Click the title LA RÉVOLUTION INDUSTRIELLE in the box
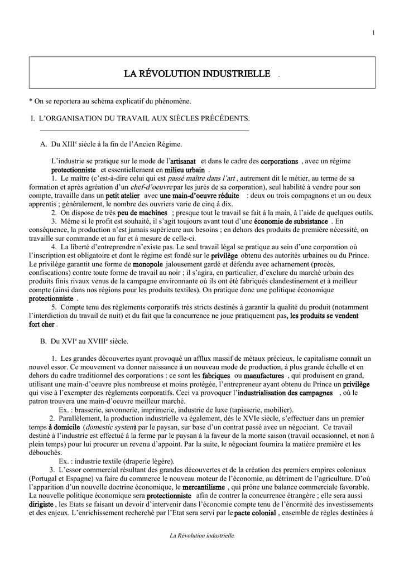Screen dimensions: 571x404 (x=197, y=74)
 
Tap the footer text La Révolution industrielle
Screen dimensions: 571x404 (x=203, y=536)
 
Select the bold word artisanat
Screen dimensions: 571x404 (x=182, y=161)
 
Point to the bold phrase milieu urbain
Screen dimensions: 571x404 (x=185, y=170)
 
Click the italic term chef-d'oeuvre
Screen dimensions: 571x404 (x=152, y=187)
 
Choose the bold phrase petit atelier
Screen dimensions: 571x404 (x=122, y=196)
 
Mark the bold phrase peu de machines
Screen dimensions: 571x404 (x=142, y=213)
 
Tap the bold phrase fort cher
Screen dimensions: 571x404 (x=42, y=325)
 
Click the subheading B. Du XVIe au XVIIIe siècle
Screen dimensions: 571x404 (x=84, y=341)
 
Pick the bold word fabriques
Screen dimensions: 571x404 (x=216, y=376)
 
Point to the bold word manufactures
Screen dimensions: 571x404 (x=263, y=376)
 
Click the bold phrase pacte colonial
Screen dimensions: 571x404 (x=255, y=513)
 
